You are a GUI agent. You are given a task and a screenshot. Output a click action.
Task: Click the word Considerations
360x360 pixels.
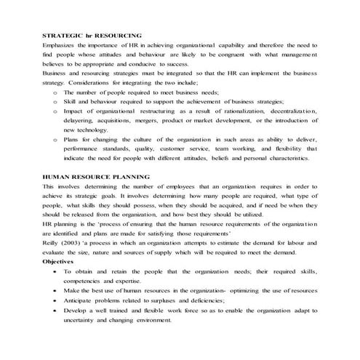[99, 84]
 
